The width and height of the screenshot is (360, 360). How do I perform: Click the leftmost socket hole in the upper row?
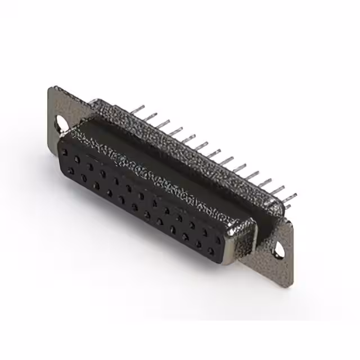coord(65,152)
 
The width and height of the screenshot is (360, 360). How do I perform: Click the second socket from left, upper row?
coord(76,159)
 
